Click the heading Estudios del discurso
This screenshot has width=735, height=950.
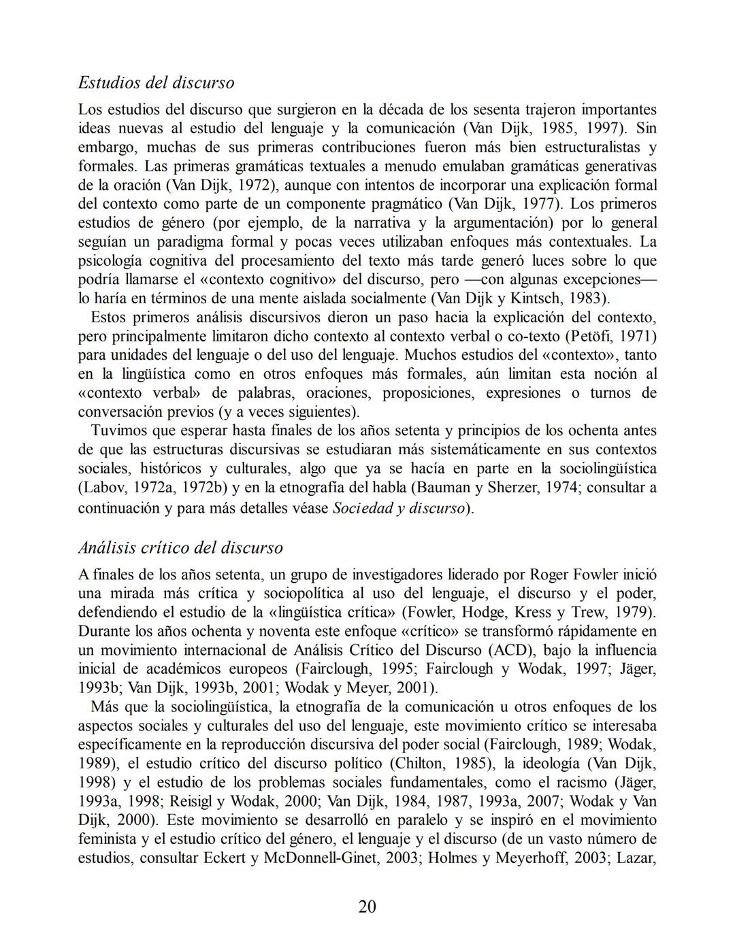pos(156,83)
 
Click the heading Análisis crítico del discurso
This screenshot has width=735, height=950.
pos(180,547)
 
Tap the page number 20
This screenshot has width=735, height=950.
pos(367,906)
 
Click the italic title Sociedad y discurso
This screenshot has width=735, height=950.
pos(398,508)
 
